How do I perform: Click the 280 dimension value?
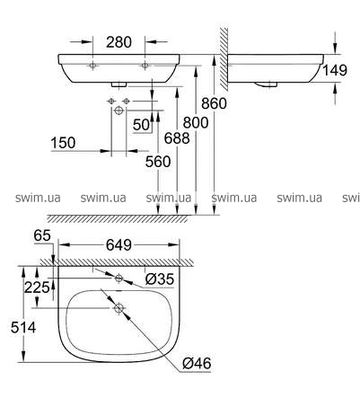(x=119, y=42)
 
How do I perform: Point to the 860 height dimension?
(x=214, y=103)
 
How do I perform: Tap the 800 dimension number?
(x=196, y=122)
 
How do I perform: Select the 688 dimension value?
(x=177, y=138)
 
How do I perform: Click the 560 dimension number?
(x=158, y=162)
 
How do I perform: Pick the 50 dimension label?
(x=141, y=125)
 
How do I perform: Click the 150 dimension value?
(x=63, y=143)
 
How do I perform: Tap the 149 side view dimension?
(x=335, y=70)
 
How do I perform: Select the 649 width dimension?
(x=119, y=245)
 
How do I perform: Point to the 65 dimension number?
(x=42, y=235)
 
